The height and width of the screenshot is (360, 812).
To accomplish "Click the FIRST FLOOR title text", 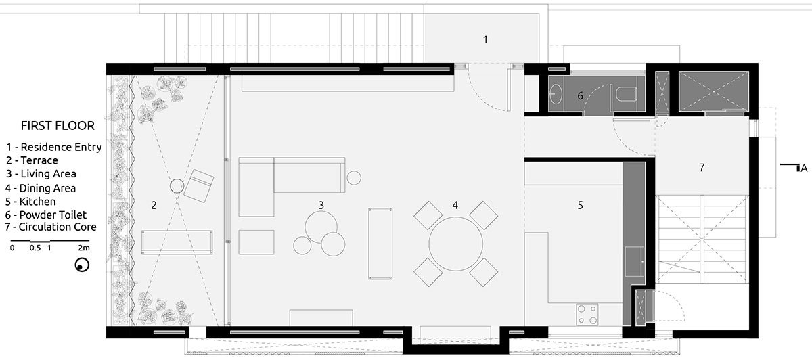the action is pyautogui.click(x=58, y=125).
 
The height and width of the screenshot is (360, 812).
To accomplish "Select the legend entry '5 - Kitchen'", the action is pyautogui.click(x=30, y=201).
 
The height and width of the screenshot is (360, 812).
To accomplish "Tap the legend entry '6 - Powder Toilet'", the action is pyautogui.click(x=46, y=215).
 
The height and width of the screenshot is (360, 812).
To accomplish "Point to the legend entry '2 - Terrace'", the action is pyautogui.click(x=32, y=160).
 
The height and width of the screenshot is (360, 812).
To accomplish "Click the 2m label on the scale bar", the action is pyautogui.click(x=84, y=248).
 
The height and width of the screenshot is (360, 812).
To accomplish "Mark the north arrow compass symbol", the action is pyautogui.click(x=82, y=265).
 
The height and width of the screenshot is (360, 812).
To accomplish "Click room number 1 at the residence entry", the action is pyautogui.click(x=485, y=39).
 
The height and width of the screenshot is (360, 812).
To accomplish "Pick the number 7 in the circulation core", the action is pyautogui.click(x=702, y=168).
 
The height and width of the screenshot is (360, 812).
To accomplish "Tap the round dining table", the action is pyautogui.click(x=455, y=244).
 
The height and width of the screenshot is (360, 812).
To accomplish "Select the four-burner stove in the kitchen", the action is pyautogui.click(x=587, y=314).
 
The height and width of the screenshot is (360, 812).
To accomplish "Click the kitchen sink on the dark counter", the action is pyautogui.click(x=635, y=261).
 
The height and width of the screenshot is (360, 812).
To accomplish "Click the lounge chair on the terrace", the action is pyautogui.click(x=199, y=185).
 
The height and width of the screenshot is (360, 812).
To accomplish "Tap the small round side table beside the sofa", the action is pyautogui.click(x=354, y=178).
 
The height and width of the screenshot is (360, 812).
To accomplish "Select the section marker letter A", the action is pyautogui.click(x=804, y=168).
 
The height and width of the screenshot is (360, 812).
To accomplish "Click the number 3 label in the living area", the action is pyautogui.click(x=321, y=205).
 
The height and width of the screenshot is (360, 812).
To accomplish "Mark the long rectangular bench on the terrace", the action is pyautogui.click(x=177, y=242).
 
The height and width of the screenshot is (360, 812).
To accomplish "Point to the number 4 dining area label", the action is pyautogui.click(x=455, y=205).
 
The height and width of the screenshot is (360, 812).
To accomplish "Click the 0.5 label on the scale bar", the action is pyautogui.click(x=35, y=248).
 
